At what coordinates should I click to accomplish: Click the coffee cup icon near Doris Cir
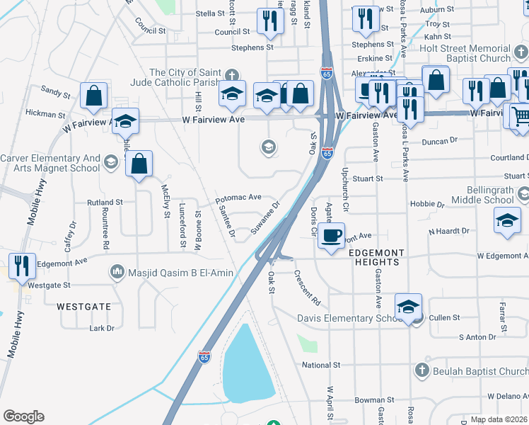tap(330, 235)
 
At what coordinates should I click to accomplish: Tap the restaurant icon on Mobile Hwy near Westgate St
tap(21, 266)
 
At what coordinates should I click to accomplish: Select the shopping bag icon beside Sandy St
tap(93, 96)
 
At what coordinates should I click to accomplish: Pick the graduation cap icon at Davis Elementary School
tap(408, 307)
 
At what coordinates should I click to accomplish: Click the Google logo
tap(23, 416)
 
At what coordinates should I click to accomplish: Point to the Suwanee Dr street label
tap(266, 216)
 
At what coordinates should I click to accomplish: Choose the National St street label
tap(321, 365)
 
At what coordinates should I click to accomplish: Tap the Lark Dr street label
tap(102, 328)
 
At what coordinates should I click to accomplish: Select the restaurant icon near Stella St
tap(269, 23)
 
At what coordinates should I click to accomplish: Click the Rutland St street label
tap(105, 202)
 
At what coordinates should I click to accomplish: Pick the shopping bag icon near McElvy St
tap(140, 164)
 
